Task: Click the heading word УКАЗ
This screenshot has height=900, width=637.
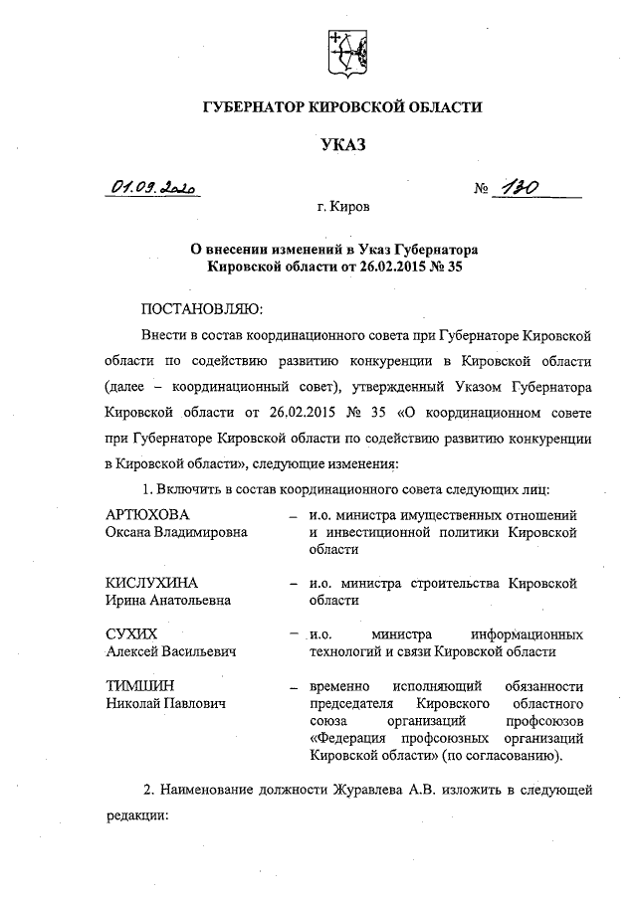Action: point(343,146)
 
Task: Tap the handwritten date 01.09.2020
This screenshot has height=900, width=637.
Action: point(155,187)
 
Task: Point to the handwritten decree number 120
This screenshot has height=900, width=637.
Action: point(521,187)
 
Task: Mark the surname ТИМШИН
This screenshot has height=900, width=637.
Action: point(138,685)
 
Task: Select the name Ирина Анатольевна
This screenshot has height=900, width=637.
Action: point(168,600)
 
